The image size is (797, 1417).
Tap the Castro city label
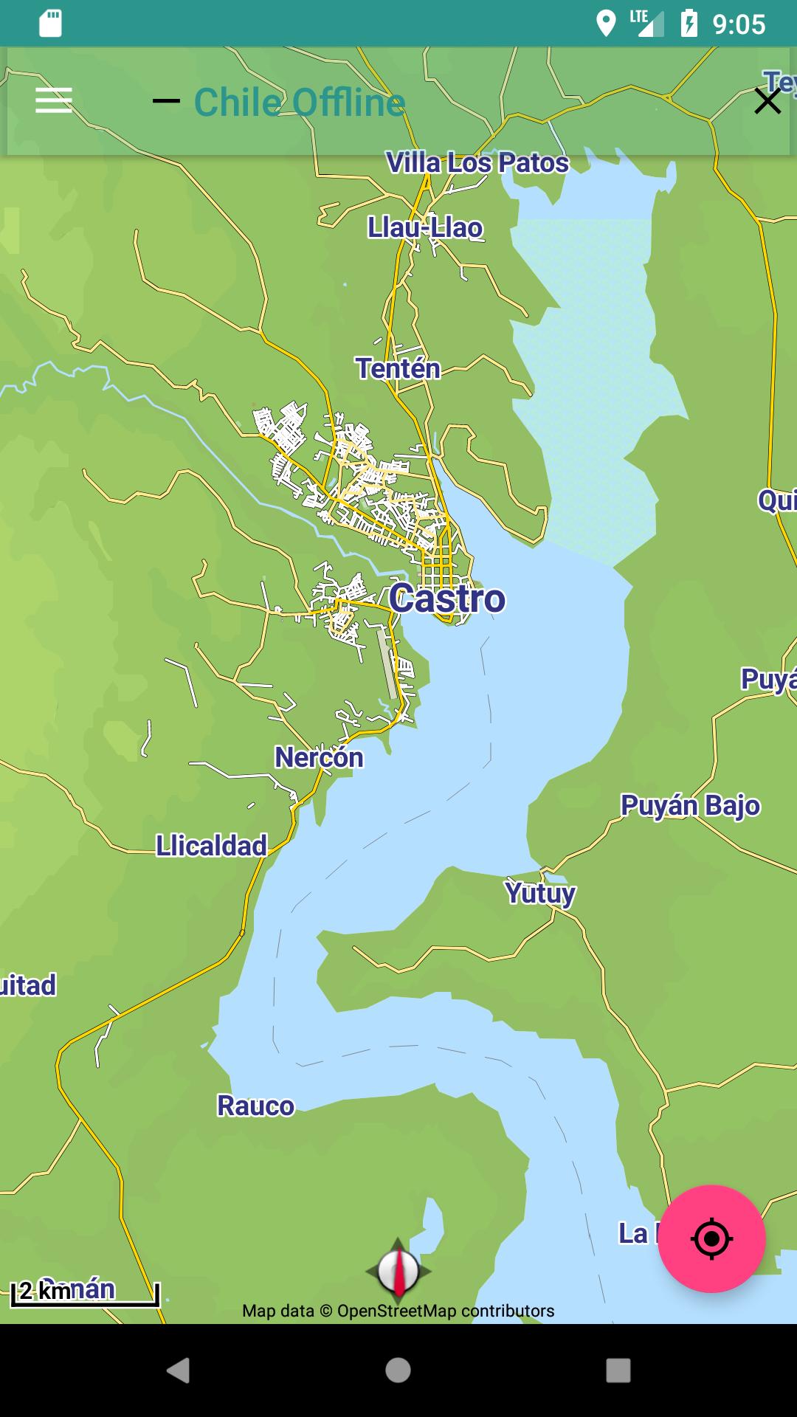[x=447, y=598]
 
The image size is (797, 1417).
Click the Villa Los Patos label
[x=477, y=162]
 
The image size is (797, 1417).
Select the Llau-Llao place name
[x=425, y=227]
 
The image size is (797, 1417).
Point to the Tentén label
[x=398, y=368]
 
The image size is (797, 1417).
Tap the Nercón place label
[x=319, y=757]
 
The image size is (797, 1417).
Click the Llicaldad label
[x=211, y=846]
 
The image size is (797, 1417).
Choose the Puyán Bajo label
[x=690, y=805]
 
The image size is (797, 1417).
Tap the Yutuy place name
[x=540, y=893]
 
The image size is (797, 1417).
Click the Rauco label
[x=255, y=1106]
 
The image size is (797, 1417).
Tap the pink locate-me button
[x=711, y=1238]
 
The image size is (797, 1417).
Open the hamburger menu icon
[x=54, y=100]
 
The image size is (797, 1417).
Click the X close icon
[x=767, y=101]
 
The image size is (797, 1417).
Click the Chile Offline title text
[x=300, y=102]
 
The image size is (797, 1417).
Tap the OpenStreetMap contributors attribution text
[x=398, y=1311]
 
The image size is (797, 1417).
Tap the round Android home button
[x=398, y=1371]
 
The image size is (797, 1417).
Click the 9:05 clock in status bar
[x=739, y=24]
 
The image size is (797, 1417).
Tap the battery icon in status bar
[x=689, y=24]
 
